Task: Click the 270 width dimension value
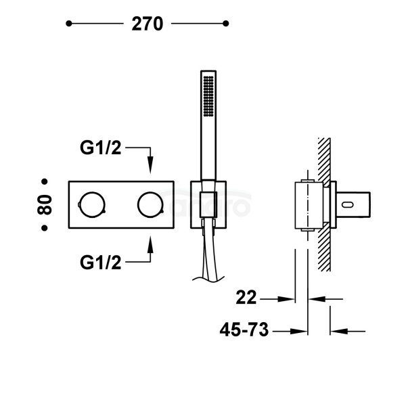click(147, 24)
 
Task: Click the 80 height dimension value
click(45, 205)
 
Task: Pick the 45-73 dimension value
click(245, 330)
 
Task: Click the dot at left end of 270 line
click(68, 24)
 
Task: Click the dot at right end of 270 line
click(226, 24)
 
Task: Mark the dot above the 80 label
click(45, 181)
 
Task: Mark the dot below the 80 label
click(45, 229)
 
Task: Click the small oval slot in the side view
click(350, 204)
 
